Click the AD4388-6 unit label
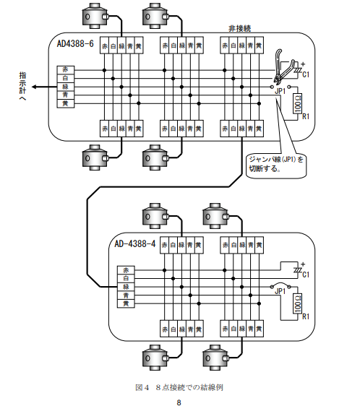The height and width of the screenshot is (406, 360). (x=75, y=43)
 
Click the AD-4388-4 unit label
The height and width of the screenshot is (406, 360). (x=135, y=243)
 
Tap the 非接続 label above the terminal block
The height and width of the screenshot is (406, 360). (x=240, y=28)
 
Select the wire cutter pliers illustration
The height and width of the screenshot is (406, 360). (x=283, y=66)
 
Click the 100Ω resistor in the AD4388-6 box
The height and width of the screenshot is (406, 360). (x=298, y=103)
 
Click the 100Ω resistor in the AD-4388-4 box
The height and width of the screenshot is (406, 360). (x=298, y=303)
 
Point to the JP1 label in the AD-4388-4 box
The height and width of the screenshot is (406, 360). (x=280, y=291)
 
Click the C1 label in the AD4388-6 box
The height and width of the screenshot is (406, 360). (x=306, y=74)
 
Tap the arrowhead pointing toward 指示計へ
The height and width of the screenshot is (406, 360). (x=34, y=87)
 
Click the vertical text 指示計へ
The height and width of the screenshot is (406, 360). (x=23, y=86)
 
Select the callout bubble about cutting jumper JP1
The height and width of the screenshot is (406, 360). (x=276, y=165)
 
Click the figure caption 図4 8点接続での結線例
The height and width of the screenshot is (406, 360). (x=179, y=387)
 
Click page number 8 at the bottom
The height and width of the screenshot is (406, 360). (x=179, y=402)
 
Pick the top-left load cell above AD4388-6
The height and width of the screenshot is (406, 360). (x=95, y=16)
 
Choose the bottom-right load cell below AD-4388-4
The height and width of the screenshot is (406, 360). (x=215, y=358)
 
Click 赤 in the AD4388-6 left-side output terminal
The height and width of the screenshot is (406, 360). (x=66, y=70)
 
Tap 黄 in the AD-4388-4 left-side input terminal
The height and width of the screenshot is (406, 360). (x=126, y=303)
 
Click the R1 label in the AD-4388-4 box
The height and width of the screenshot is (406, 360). (x=306, y=316)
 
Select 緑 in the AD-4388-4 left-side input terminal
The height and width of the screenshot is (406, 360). (x=126, y=287)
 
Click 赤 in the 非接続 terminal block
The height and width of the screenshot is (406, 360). (x=225, y=46)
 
